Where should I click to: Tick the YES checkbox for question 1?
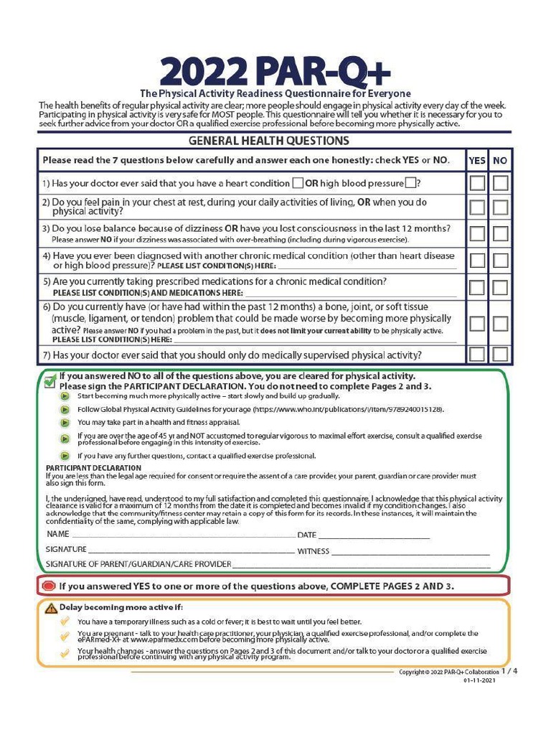(x=476, y=183)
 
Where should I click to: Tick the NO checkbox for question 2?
(x=500, y=207)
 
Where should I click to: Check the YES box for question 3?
(x=476, y=234)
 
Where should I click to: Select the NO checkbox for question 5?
(x=500, y=288)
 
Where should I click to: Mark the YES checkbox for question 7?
(x=476, y=354)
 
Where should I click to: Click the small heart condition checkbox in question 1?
(x=298, y=183)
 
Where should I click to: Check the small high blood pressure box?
(x=410, y=183)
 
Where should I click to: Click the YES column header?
(x=476, y=161)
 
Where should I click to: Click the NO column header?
(x=500, y=161)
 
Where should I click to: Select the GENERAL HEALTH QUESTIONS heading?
(x=268, y=141)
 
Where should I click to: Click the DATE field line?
(x=373, y=536)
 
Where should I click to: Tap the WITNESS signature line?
(x=410, y=552)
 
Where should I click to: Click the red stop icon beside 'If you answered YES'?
(x=49, y=586)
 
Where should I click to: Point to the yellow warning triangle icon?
(x=51, y=607)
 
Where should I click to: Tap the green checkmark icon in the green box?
(x=50, y=381)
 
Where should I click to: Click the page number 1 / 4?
(x=509, y=670)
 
